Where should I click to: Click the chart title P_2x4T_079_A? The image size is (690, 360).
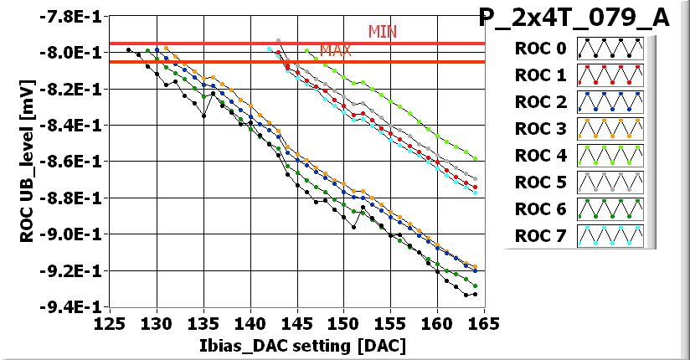[574, 18]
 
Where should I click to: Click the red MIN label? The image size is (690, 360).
[383, 32]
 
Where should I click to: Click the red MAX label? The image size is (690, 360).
[335, 51]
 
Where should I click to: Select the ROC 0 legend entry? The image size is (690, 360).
[579, 48]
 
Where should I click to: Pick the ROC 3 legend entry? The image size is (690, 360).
[579, 129]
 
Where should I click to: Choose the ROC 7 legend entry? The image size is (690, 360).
[579, 236]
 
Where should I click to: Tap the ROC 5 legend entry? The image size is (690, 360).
[579, 183]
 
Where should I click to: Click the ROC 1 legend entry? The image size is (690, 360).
[579, 75]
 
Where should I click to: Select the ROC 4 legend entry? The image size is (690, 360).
[579, 156]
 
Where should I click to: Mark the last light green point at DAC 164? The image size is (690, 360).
[475, 158]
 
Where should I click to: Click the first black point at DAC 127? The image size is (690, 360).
[128, 49]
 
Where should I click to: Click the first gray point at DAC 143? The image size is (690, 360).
[278, 40]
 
